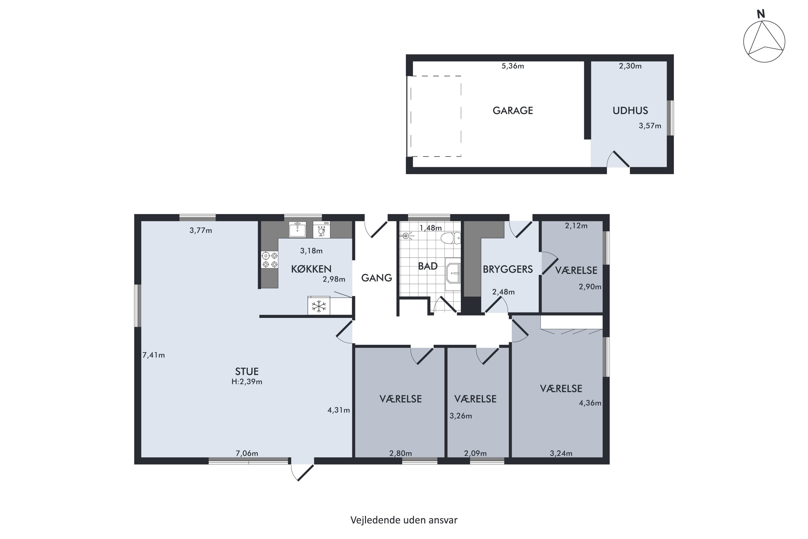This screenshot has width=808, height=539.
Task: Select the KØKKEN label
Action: point(311,269)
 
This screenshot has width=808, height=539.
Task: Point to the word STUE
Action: point(247,371)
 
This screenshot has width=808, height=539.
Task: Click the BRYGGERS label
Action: point(508,269)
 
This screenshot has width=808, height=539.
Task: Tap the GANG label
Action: point(377,278)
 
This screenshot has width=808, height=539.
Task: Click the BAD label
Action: point(428,266)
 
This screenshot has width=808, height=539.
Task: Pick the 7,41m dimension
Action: point(154,355)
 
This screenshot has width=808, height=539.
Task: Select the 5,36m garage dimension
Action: point(513,66)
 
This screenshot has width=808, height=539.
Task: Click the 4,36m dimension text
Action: point(590,403)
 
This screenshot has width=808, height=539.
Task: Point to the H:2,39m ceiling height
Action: point(247,382)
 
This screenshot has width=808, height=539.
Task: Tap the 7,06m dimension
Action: point(247,453)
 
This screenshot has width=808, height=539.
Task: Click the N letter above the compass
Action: point(761,14)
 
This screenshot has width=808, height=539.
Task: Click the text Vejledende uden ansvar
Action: point(404,520)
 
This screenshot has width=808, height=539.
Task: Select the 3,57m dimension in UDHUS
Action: point(650,126)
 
